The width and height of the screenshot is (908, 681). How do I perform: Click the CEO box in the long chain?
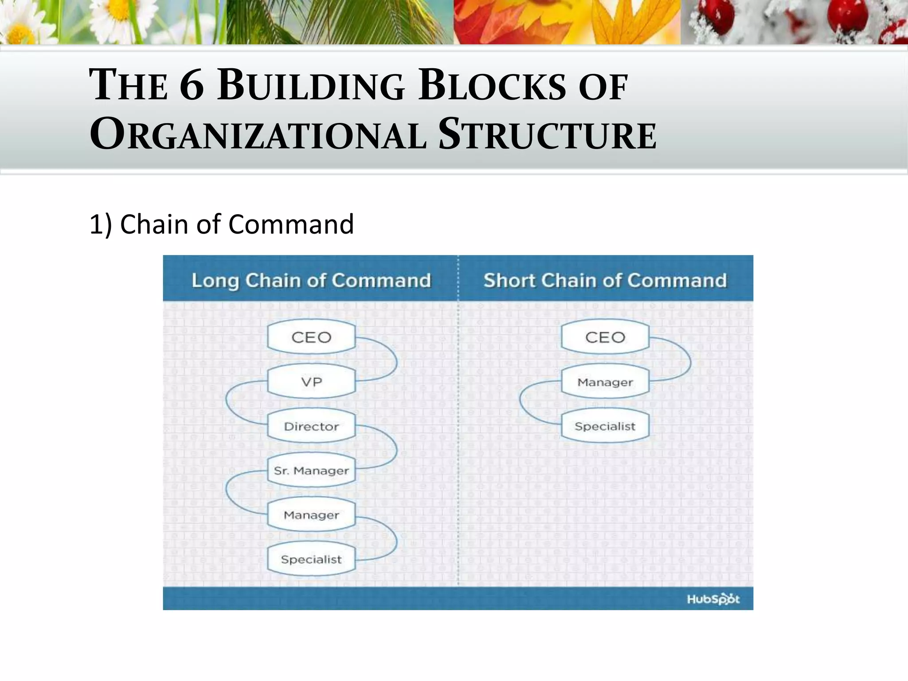tap(311, 337)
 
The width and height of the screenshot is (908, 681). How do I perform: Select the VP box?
tap(311, 382)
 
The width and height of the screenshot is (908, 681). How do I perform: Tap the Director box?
tap(311, 427)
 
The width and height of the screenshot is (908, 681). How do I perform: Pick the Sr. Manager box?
tap(311, 470)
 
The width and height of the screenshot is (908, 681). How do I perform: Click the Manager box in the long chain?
tap(311, 515)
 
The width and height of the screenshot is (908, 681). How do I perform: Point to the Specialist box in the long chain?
tap(311, 559)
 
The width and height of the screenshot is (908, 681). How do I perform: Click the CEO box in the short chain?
tap(605, 337)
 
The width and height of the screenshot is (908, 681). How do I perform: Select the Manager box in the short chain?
tap(605, 382)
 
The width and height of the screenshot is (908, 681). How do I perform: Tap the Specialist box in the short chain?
tap(605, 427)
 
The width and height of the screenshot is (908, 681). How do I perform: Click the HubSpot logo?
tap(713, 599)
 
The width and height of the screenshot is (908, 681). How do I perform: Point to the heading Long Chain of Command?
tap(311, 281)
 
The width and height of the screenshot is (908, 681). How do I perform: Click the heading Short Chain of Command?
tap(605, 281)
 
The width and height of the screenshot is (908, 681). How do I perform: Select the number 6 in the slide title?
tap(192, 85)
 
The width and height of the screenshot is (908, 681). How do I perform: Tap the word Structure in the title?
tap(547, 133)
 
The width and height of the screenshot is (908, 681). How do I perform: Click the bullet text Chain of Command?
tap(237, 224)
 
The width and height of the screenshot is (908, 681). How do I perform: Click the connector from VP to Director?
tap(227, 403)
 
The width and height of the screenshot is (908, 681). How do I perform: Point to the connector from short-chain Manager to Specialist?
tap(521, 403)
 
